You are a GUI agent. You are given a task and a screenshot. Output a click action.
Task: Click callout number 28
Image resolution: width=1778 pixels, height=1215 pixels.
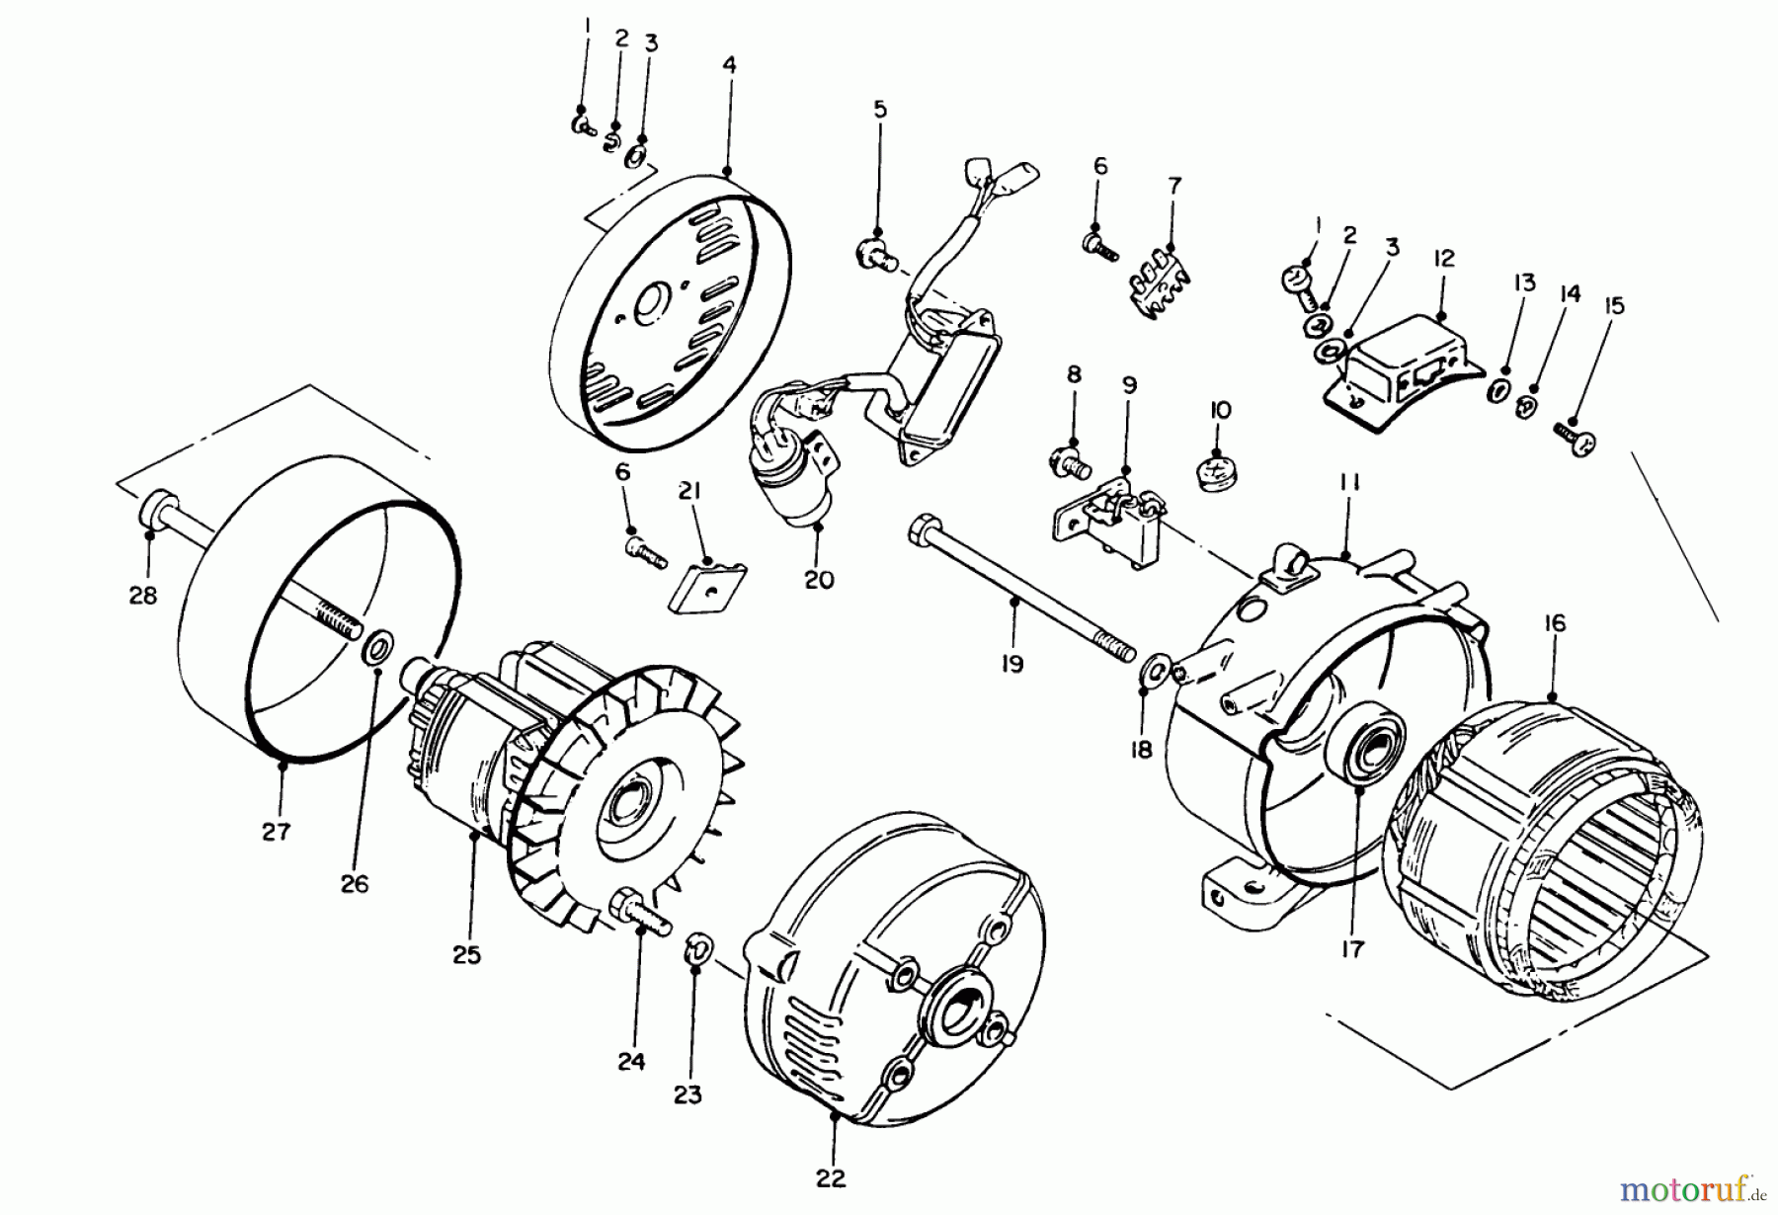(x=143, y=597)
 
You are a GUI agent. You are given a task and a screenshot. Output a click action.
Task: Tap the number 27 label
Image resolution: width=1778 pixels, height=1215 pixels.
(x=277, y=831)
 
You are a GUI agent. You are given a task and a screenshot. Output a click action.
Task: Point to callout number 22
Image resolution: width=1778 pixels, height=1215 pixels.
(x=832, y=1177)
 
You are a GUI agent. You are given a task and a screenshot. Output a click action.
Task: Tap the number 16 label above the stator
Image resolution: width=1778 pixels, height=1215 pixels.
(x=1556, y=623)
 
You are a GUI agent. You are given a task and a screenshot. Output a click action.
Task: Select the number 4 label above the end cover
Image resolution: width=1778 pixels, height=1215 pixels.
(x=729, y=66)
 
